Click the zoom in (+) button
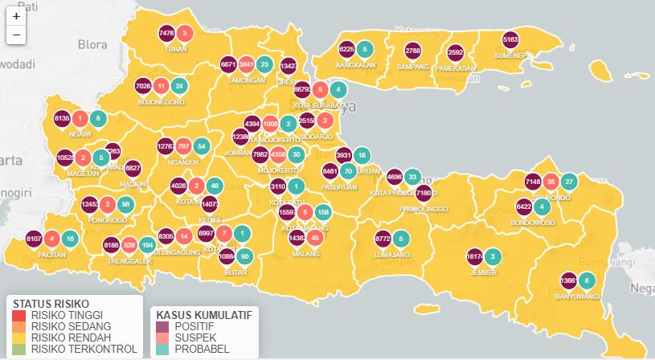pyautogui.click(x=16, y=16)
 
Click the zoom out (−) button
pyautogui.click(x=16, y=35)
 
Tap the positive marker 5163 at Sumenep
pyautogui.click(x=510, y=40)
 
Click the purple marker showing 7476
pyautogui.click(x=167, y=34)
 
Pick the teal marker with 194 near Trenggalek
pyautogui.click(x=147, y=244)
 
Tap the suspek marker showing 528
pyautogui.click(x=129, y=244)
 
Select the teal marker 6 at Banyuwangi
pyautogui.click(x=587, y=280)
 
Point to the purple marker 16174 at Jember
pyautogui.click(x=474, y=257)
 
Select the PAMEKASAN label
pyautogui.click(x=456, y=68)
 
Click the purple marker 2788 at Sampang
pyautogui.click(x=412, y=51)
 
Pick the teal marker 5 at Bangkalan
pyautogui.click(x=365, y=48)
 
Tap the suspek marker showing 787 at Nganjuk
pyautogui.click(x=183, y=147)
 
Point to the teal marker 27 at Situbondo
pyautogui.click(x=568, y=182)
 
